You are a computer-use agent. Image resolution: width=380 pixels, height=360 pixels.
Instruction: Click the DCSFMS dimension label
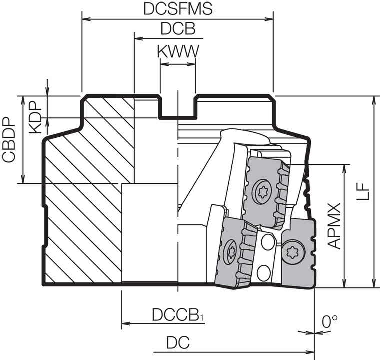(x=177, y=9)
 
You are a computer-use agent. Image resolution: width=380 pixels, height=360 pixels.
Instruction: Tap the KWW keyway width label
(x=178, y=51)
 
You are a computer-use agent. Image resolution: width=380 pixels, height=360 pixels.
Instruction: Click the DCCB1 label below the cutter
(x=179, y=315)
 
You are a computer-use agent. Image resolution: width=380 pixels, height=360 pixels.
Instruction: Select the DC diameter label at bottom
(x=178, y=343)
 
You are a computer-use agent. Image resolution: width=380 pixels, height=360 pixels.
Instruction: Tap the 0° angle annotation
(x=330, y=321)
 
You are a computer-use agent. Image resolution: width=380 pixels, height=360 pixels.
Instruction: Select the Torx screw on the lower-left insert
(x=231, y=251)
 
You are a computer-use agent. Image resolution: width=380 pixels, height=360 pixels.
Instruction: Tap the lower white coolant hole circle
(x=263, y=273)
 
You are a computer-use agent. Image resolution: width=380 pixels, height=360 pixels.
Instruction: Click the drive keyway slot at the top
(x=178, y=107)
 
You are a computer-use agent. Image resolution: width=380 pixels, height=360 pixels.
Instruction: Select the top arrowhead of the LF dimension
(x=374, y=99)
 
